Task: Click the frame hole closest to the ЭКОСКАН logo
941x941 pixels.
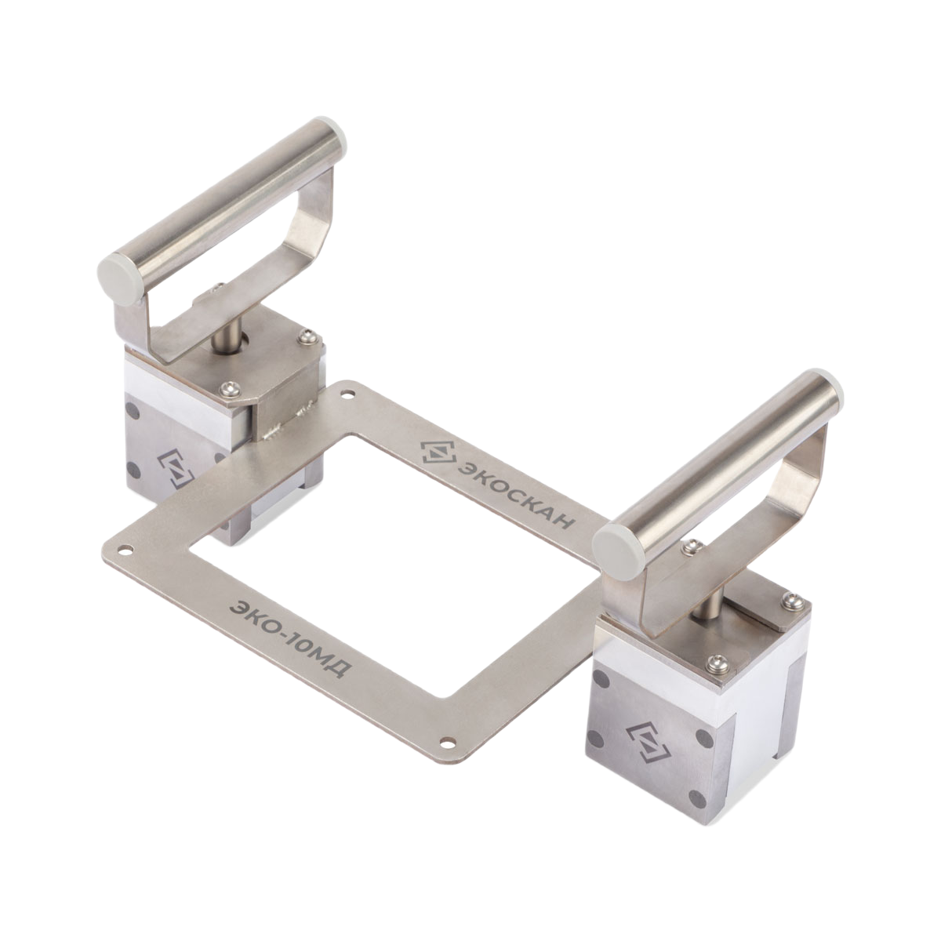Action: tap(348, 393)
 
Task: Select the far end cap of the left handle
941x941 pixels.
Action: tap(332, 131)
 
